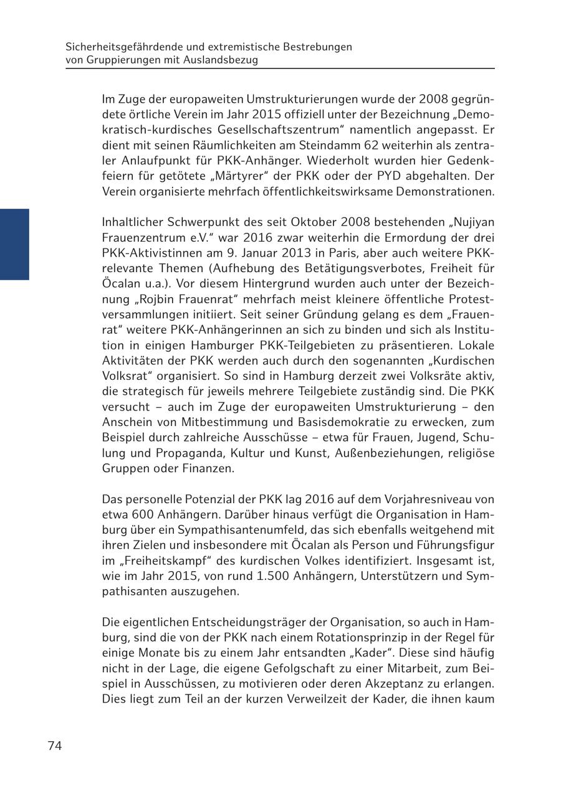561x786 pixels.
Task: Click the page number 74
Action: [55, 746]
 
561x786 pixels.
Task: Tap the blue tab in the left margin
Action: [14, 244]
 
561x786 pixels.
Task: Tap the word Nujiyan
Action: [471, 222]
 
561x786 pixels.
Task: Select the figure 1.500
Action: [269, 575]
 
